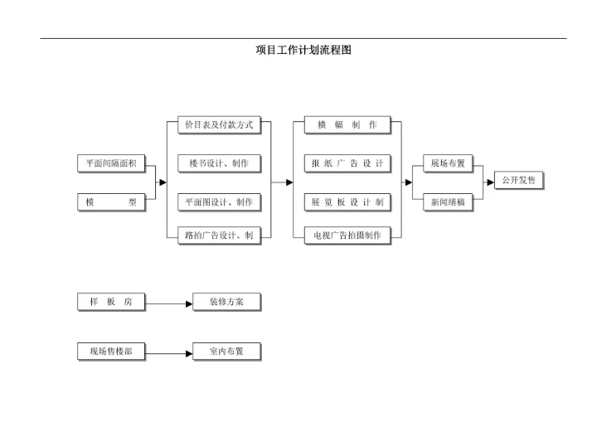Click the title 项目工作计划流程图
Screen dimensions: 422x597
[303, 50]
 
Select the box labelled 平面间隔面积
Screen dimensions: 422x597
[111, 164]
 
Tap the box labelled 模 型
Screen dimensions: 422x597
[111, 201]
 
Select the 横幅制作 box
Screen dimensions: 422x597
[347, 125]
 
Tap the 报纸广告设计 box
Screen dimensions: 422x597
[347, 163]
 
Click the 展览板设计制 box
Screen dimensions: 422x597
[347, 201]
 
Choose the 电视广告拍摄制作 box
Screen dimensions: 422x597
[347, 235]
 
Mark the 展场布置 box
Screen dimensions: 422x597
[448, 163]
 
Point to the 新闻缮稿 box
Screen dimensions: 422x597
[448, 201]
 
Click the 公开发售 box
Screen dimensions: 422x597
[519, 179]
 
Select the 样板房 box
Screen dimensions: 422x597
[111, 302]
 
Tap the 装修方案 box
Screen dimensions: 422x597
[226, 302]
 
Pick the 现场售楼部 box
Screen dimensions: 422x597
[111, 352]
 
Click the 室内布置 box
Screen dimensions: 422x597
[226, 352]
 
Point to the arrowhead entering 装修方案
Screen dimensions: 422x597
[188, 303]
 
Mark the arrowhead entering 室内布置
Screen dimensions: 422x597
[188, 353]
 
